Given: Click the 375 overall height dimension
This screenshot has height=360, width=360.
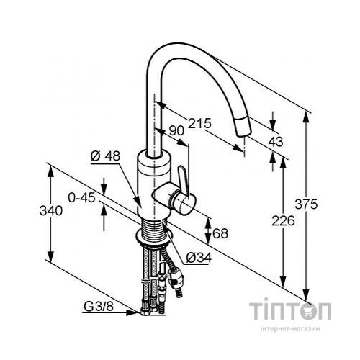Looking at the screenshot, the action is click(306, 204).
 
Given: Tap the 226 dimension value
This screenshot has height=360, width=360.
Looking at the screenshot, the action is click(283, 221).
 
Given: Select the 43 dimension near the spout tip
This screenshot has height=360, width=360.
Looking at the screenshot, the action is click(276, 142).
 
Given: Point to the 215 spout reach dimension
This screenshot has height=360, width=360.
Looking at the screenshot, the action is click(199, 123).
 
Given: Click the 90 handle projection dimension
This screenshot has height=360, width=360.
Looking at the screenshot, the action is click(176, 131).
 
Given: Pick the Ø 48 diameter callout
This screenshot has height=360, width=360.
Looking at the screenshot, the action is click(105, 156).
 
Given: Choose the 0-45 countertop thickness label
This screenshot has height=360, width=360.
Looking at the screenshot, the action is click(82, 198).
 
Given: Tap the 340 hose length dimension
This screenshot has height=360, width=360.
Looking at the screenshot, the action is click(51, 211).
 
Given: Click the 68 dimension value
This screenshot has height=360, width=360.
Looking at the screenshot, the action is click(220, 233).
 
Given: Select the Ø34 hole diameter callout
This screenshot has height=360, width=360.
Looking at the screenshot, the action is click(199, 258).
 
